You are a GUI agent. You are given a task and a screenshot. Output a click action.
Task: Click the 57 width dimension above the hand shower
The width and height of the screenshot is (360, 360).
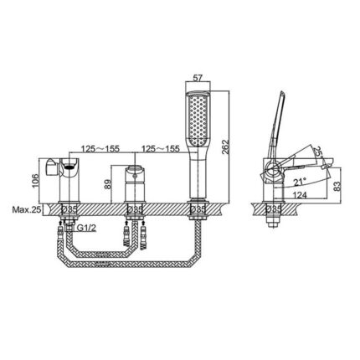[x=198, y=78]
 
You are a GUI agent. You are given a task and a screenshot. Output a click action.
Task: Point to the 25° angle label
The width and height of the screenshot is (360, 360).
[x=320, y=152]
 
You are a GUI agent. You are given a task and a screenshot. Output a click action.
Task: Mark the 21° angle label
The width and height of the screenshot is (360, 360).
[x=299, y=179]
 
